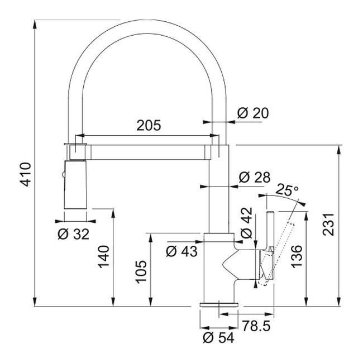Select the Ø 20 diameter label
point(252,113)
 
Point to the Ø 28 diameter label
point(254,178)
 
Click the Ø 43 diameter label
point(182,251)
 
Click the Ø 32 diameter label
point(74,234)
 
